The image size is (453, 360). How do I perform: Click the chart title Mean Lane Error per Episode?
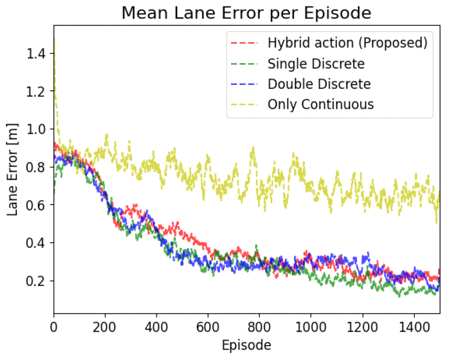click(x=246, y=13)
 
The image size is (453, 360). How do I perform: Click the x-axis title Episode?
click(x=246, y=345)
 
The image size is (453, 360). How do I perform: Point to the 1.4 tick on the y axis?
click(x=38, y=53)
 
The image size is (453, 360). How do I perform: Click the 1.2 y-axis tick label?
click(x=38, y=91)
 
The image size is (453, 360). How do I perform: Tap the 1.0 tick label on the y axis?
click(x=38, y=129)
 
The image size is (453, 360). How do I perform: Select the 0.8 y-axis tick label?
click(x=38, y=167)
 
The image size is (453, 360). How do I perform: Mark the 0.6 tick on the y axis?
click(x=38, y=205)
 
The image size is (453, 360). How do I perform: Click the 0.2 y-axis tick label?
click(x=38, y=281)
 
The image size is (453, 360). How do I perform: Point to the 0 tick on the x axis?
click(x=54, y=327)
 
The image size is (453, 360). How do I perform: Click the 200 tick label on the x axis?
click(x=105, y=327)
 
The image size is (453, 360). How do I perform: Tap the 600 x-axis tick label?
click(x=208, y=327)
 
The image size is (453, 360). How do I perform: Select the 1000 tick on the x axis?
click(x=310, y=327)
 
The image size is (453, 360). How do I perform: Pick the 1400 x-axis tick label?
click(x=413, y=327)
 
